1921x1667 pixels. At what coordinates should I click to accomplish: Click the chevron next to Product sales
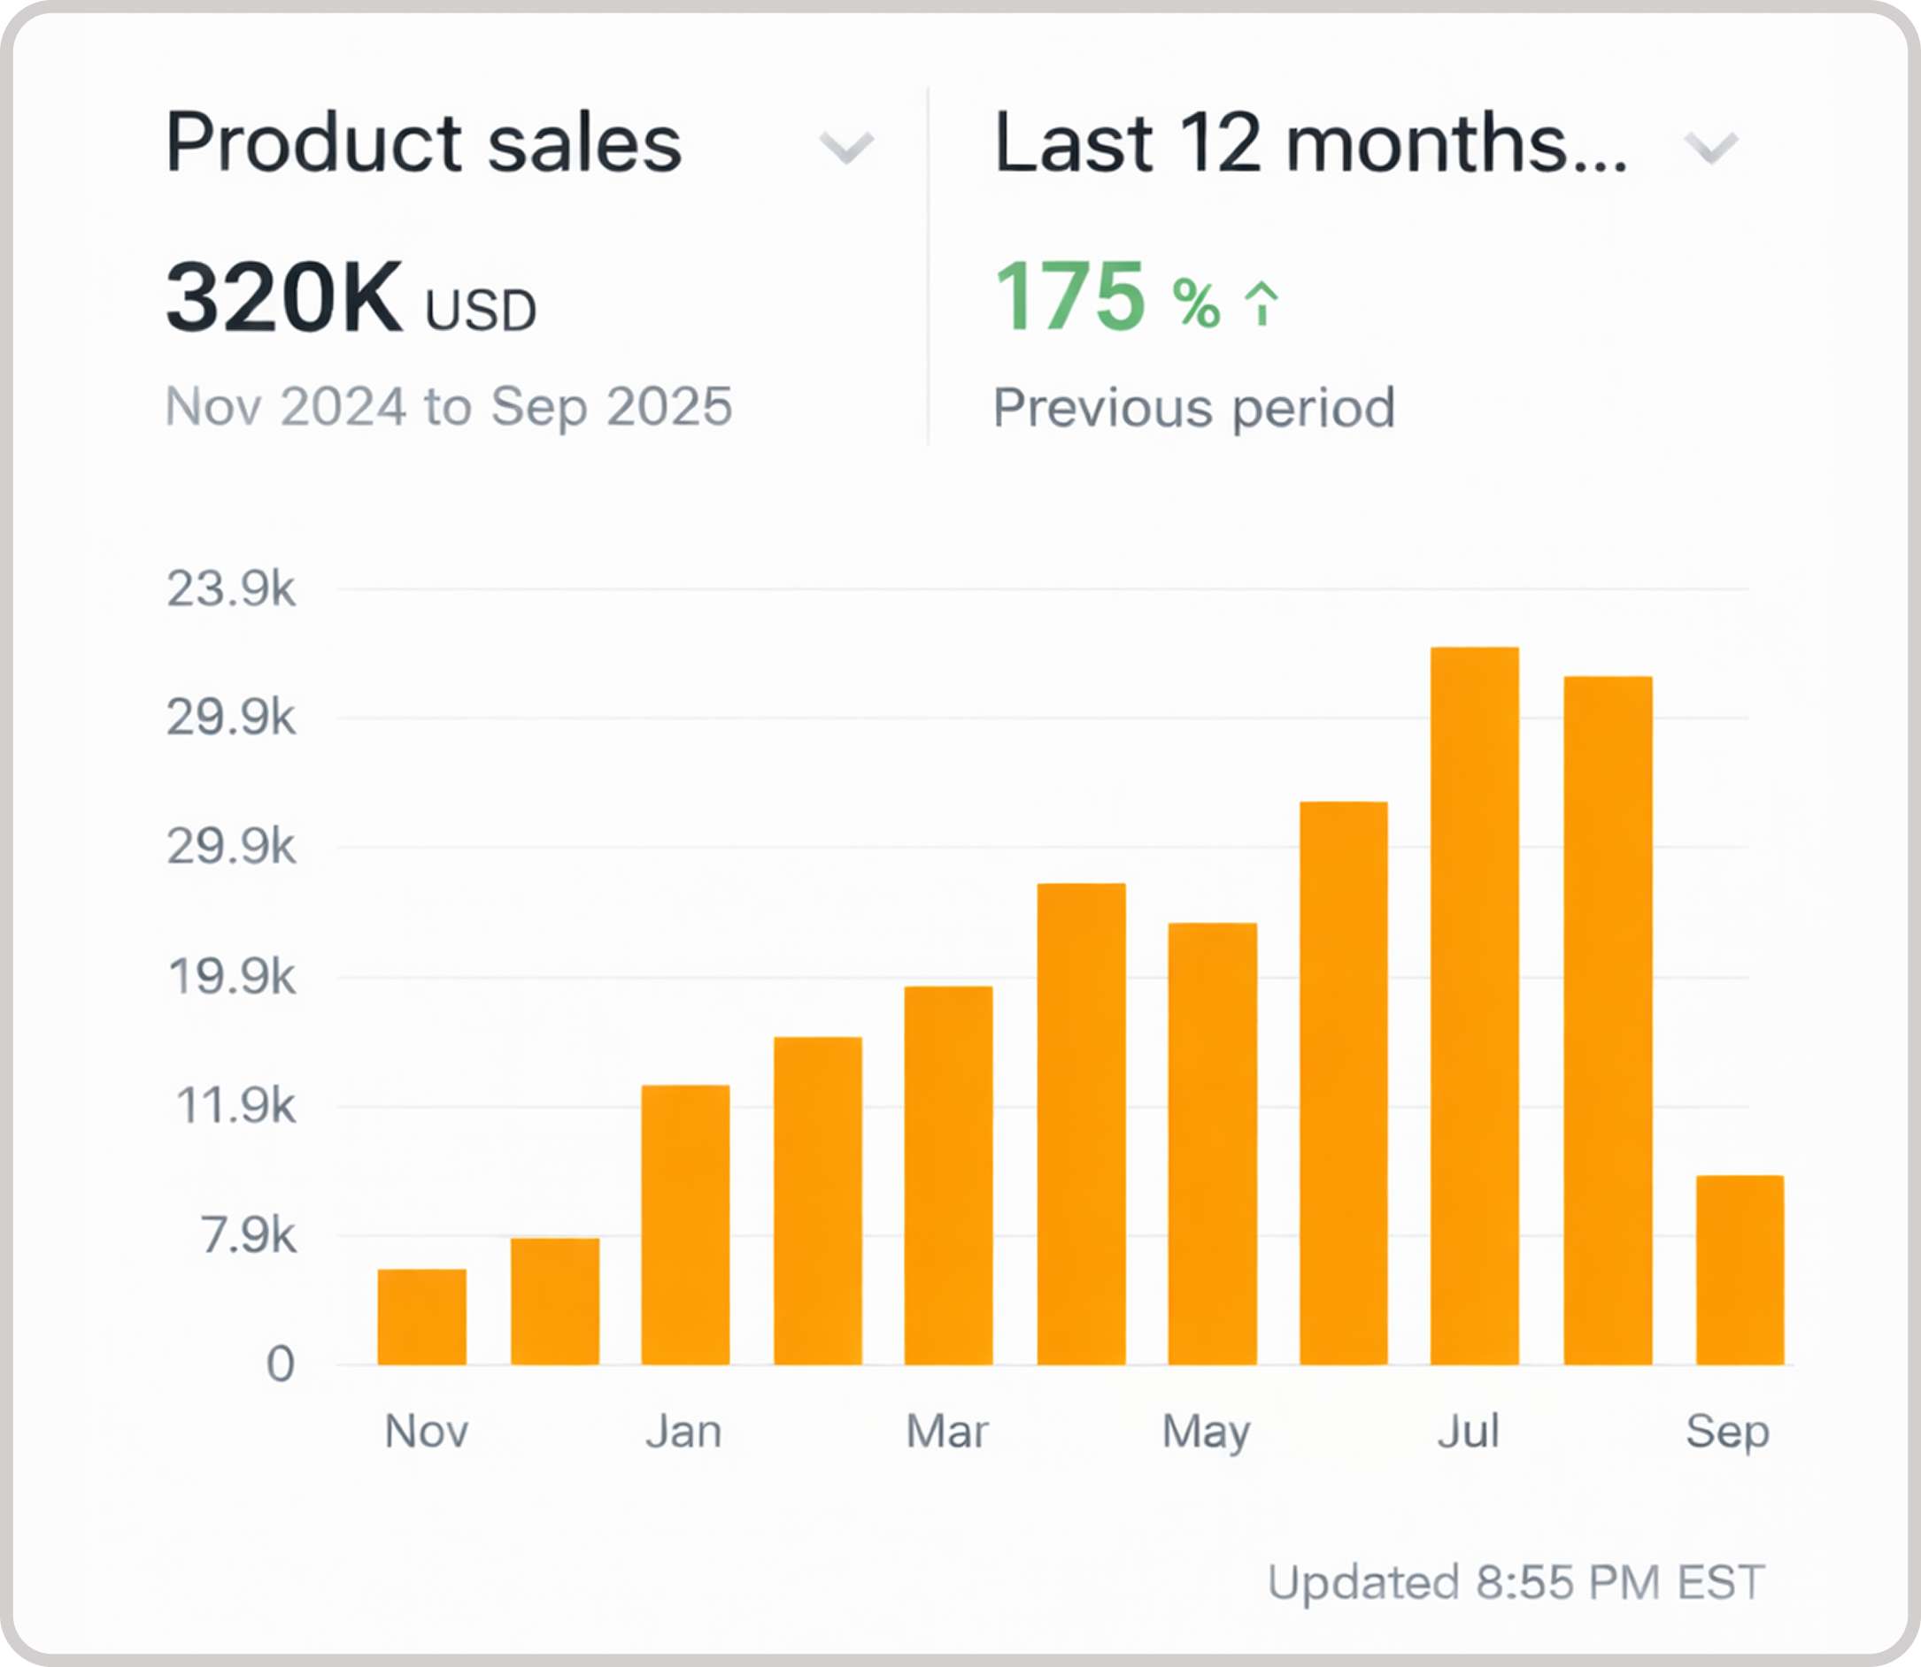pos(845,147)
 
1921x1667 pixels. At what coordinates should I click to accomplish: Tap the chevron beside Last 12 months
pos(1710,147)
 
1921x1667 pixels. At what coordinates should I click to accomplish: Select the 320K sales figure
pos(284,297)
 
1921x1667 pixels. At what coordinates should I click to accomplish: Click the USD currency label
pos(480,311)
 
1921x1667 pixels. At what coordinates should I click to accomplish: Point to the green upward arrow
pos(1262,303)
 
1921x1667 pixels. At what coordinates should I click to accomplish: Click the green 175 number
pos(1069,296)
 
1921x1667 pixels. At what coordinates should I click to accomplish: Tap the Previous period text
pos(1194,407)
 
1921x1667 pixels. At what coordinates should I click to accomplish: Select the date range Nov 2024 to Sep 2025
pos(449,406)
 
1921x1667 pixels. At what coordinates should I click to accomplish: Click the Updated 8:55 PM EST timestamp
pos(1516,1583)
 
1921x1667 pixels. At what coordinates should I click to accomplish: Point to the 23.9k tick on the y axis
pos(232,588)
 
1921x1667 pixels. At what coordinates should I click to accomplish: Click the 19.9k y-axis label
pos(232,978)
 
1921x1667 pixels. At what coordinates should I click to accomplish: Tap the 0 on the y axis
pos(280,1364)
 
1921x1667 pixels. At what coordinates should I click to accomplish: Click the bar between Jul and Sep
pos(1608,1020)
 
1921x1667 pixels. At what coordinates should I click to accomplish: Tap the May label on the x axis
pos(1207,1432)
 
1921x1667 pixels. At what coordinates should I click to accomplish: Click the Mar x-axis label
pos(947,1432)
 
